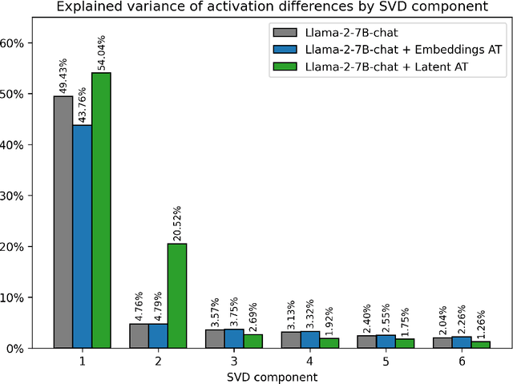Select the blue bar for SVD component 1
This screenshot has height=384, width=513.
pos(82,236)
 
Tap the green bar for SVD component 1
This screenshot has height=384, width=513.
pos(101,210)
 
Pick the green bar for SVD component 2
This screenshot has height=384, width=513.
pos(177,296)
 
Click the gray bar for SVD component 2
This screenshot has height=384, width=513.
pos(139,336)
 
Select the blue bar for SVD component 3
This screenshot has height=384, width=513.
pos(234,338)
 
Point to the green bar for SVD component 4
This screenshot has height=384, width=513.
pos(329,343)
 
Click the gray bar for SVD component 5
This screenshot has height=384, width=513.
pos(367,342)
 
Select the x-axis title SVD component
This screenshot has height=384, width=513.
pos(272,376)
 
